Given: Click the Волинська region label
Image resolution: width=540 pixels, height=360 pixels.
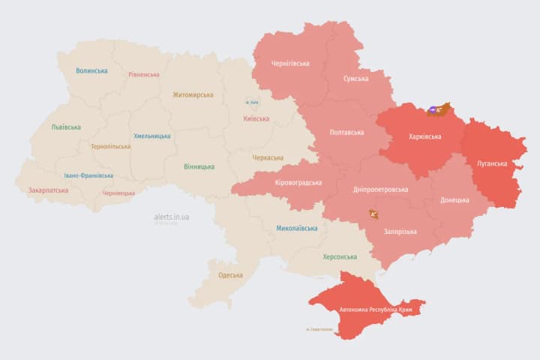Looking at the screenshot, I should coord(91,71).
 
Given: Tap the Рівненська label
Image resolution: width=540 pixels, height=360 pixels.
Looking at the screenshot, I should coord(144,75).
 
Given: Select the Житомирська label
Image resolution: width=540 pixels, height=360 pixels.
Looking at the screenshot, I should coord(193,95).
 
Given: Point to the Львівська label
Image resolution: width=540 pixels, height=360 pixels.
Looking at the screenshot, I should coord(66,127).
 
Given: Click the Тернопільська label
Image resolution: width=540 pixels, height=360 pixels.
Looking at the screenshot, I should coord(110,147).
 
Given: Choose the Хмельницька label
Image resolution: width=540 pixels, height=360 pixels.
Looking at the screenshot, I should coord(151,136).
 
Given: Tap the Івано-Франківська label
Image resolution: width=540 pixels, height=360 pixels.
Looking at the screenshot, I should coord(89,175).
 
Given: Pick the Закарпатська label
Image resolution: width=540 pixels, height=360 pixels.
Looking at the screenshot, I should coord(48,190).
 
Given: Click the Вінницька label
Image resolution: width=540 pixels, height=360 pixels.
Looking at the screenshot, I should coord(199,166).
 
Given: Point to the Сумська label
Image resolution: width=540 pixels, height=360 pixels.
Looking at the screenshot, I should coord(355,79).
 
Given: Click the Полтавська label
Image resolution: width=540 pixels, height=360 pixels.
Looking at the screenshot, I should coord(346,133).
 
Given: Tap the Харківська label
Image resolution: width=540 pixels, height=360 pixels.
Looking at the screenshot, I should coord(425,137).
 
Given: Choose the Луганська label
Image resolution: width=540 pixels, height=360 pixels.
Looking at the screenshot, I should coord(492,163).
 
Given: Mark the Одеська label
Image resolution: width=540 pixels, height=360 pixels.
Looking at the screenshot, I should coord(230,275).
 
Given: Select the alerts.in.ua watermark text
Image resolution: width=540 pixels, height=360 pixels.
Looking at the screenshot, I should coord(171,217).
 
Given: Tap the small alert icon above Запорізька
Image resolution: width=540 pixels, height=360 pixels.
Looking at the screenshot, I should coord(373,215).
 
